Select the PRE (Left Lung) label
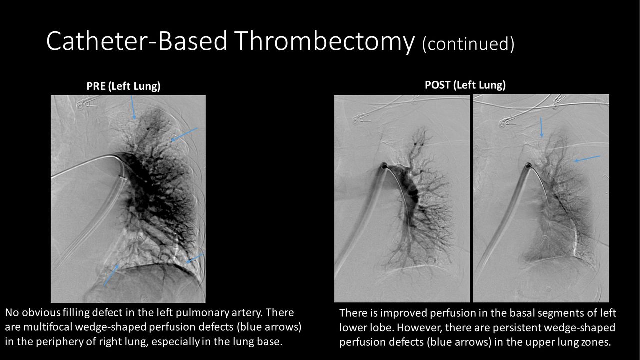(x=123, y=86)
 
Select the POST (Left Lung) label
(x=465, y=85)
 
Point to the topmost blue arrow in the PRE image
(x=133, y=107)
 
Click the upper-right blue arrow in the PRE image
(x=184, y=134)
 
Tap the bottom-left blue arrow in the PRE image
(x=111, y=275)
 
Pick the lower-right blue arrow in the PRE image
(x=195, y=258)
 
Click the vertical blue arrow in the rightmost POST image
(x=541, y=127)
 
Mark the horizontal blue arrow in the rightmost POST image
(x=587, y=159)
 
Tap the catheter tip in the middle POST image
(x=384, y=165)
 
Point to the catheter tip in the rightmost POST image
(x=529, y=165)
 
